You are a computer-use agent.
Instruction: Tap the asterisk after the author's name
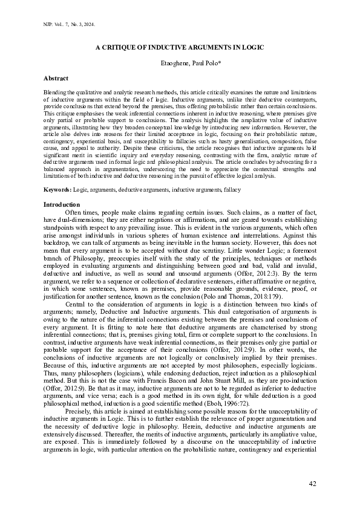tap(205, 62)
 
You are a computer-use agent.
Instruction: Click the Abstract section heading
tap(56, 79)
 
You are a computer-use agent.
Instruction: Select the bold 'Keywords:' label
tap(57, 190)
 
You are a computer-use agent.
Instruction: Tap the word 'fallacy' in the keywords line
tap(231, 190)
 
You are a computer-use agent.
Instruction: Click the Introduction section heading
tap(62, 204)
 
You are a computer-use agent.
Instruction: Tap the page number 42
tap(312, 483)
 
